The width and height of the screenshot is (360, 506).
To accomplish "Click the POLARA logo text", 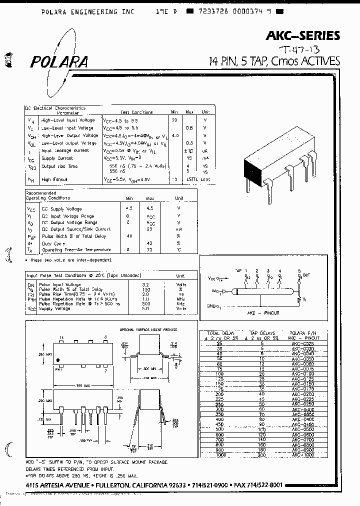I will (59, 61).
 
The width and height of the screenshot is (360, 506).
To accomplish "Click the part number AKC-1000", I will (303, 455).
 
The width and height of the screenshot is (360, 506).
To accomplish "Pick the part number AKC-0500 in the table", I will (303, 429).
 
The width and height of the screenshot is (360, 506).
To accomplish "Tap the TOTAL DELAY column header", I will (220, 332).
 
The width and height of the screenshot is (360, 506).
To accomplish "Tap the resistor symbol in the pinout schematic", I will (299, 300).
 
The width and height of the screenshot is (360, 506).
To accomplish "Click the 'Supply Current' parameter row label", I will (56, 158).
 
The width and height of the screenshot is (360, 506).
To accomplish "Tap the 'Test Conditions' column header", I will (136, 112).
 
